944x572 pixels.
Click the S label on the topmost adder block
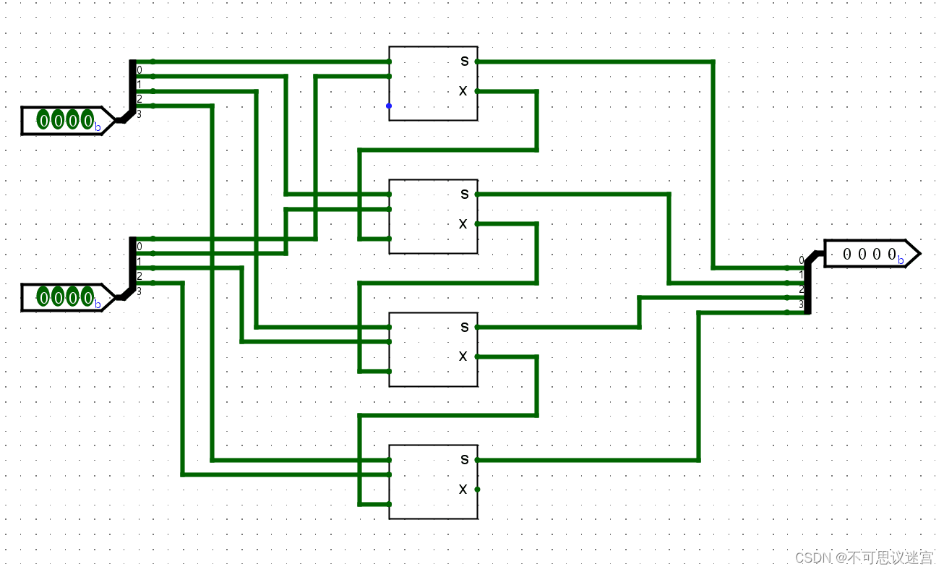click(x=464, y=61)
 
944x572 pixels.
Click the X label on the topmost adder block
click(x=463, y=91)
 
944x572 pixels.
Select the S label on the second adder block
click(x=464, y=194)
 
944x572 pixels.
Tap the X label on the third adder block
click(x=463, y=357)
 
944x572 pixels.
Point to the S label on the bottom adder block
click(x=464, y=459)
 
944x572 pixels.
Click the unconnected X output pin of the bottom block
click(x=477, y=490)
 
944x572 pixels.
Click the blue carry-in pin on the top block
click(x=389, y=106)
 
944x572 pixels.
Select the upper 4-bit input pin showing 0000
click(x=66, y=120)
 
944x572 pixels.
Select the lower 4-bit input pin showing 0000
click(x=66, y=297)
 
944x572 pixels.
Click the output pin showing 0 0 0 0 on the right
click(x=871, y=254)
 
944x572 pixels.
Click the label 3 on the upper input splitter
click(x=140, y=114)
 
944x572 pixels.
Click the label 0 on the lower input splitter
click(x=140, y=247)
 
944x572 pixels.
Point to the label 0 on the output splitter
click(x=801, y=260)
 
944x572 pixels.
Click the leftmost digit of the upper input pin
click(x=43, y=120)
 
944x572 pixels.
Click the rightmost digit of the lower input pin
click(x=87, y=297)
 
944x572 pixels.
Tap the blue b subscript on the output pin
click(x=901, y=260)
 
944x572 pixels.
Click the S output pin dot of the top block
click(x=477, y=61)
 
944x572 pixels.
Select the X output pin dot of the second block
click(x=477, y=224)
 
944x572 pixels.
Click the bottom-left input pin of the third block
click(x=389, y=372)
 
